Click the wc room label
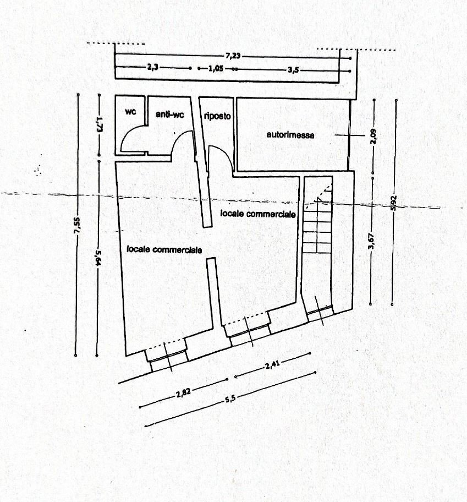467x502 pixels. pyautogui.click(x=130, y=112)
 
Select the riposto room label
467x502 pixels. pyautogui.click(x=217, y=116)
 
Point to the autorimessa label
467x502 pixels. pyautogui.click(x=290, y=134)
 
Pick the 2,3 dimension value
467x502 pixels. pyautogui.click(x=153, y=68)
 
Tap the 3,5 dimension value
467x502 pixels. pyautogui.click(x=293, y=69)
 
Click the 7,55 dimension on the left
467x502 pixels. pyautogui.click(x=78, y=227)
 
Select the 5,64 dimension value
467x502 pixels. pyautogui.click(x=98, y=258)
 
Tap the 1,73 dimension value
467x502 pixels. pyautogui.click(x=99, y=124)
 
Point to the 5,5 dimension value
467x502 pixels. pyautogui.click(x=230, y=400)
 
